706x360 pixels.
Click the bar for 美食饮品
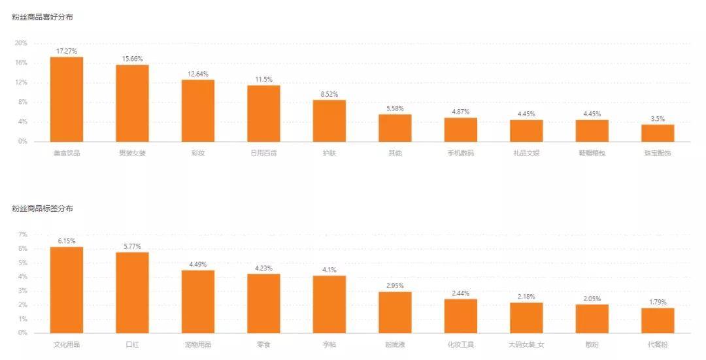tap(67, 99)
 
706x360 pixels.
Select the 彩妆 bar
tap(198, 110)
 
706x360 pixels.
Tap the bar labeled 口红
tap(132, 293)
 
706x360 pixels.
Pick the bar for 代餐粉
tap(658, 320)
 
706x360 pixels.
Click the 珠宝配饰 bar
tap(658, 133)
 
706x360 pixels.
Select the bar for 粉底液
tap(395, 312)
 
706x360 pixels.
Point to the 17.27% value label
tap(67, 50)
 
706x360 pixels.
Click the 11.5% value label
tap(263, 79)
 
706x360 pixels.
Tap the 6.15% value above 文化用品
tap(67, 240)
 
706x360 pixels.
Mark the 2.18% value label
tap(526, 297)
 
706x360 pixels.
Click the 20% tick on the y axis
tap(21, 43)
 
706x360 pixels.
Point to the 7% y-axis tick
tap(23, 235)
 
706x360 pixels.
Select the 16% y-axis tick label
tap(21, 63)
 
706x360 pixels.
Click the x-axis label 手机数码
tap(460, 154)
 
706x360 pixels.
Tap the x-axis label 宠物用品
tap(198, 344)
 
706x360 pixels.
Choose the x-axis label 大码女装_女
tap(526, 344)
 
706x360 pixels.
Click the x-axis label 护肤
tap(329, 154)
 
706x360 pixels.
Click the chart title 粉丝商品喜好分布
tap(42, 17)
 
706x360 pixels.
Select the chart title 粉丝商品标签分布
tap(42, 208)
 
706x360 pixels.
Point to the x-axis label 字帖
tap(329, 344)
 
